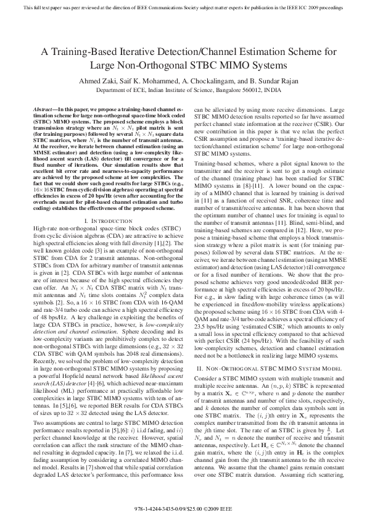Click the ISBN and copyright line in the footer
pyautogui.click(x=183, y=510)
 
